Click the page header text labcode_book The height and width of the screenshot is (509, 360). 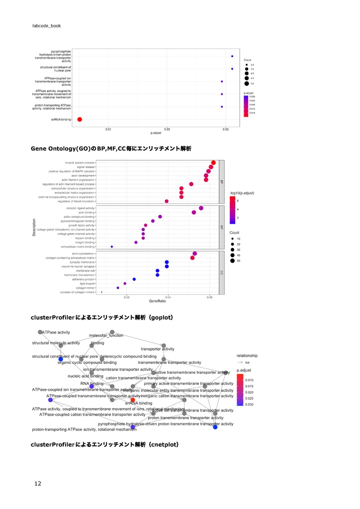(x=46, y=25)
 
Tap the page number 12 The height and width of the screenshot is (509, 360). (x=38, y=483)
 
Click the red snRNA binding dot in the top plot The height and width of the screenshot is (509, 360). (x=80, y=119)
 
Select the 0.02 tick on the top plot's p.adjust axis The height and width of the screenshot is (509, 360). (x=167, y=129)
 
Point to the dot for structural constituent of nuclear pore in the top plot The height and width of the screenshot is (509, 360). (x=232, y=69)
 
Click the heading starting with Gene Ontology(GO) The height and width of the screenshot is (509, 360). (x=111, y=149)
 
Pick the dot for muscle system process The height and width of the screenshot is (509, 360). (x=213, y=163)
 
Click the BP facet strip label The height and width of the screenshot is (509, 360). (x=222, y=182)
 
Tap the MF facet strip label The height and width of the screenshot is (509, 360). (x=222, y=228)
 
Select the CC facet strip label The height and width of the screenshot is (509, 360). (x=222, y=273)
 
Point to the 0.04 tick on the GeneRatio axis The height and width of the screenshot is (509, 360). (x=168, y=297)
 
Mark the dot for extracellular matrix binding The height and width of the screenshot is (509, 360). (x=112, y=247)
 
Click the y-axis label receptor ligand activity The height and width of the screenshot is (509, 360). (x=80, y=208)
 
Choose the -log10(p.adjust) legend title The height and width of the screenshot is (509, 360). (x=242, y=192)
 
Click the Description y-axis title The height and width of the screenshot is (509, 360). (x=34, y=228)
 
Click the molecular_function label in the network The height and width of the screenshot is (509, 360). (x=106, y=336)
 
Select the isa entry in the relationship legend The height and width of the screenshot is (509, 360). (x=247, y=362)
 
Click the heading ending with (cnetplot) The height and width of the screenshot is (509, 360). (x=104, y=444)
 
